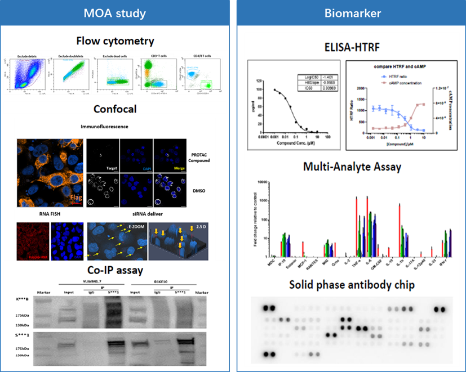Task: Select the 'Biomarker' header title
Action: pos(348,12)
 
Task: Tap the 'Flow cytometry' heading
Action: pos(116,41)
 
